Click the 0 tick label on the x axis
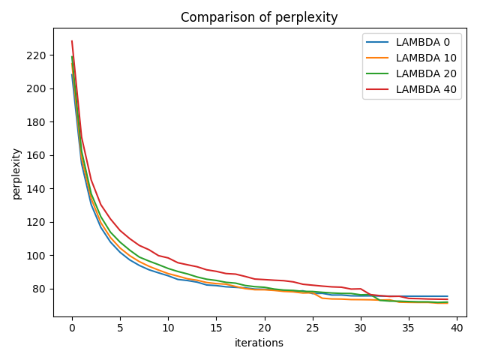pyautogui.click(x=72, y=327)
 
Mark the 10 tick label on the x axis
pyautogui.click(x=168, y=327)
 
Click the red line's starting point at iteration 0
pyautogui.click(x=72, y=41)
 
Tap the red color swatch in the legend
pyautogui.click(x=380, y=89)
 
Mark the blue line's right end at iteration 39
pyautogui.click(x=447, y=296)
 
